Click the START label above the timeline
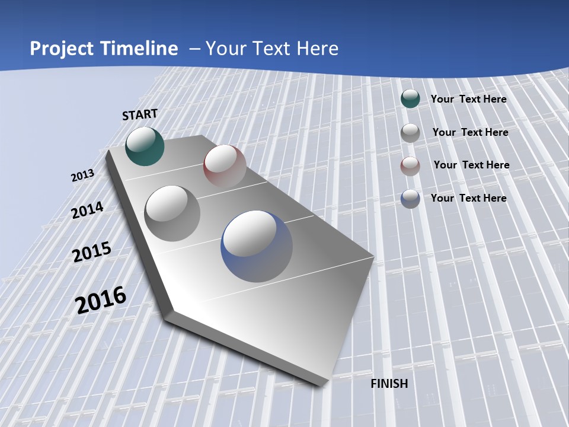coord(140,114)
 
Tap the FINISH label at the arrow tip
coord(389,384)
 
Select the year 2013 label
coord(83,176)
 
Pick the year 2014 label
coord(88,210)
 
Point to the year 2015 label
coord(92,252)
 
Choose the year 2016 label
coord(101,300)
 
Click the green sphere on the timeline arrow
coord(145,146)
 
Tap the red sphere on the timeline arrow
coord(225,165)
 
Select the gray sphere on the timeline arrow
coord(172,213)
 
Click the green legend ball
coord(410,99)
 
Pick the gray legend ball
coord(410,133)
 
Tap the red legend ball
coord(410,166)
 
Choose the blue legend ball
coord(410,199)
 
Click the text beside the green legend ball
coord(468,99)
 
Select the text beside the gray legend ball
coord(470,132)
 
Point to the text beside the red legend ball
coord(471,165)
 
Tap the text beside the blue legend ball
coord(468,198)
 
